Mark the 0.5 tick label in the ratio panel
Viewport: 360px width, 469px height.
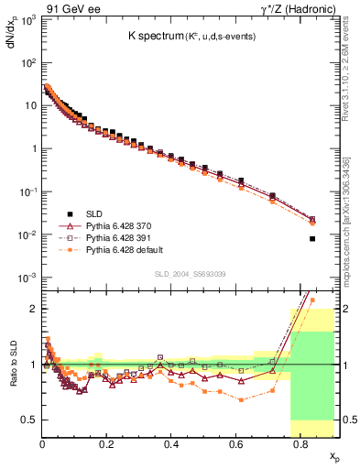(28, 420)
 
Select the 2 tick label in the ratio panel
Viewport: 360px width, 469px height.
(33, 309)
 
